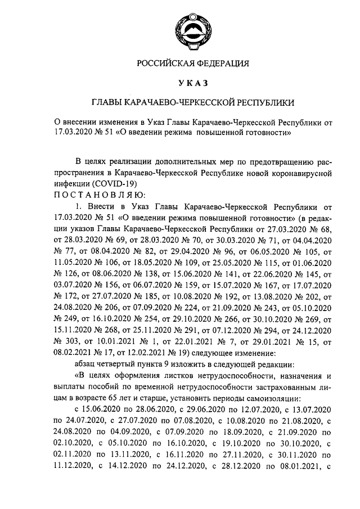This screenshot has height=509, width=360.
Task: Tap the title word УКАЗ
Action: pyautogui.click(x=193, y=83)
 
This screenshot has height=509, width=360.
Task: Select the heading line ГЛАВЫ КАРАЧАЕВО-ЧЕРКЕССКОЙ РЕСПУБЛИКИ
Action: pyautogui.click(x=193, y=103)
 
